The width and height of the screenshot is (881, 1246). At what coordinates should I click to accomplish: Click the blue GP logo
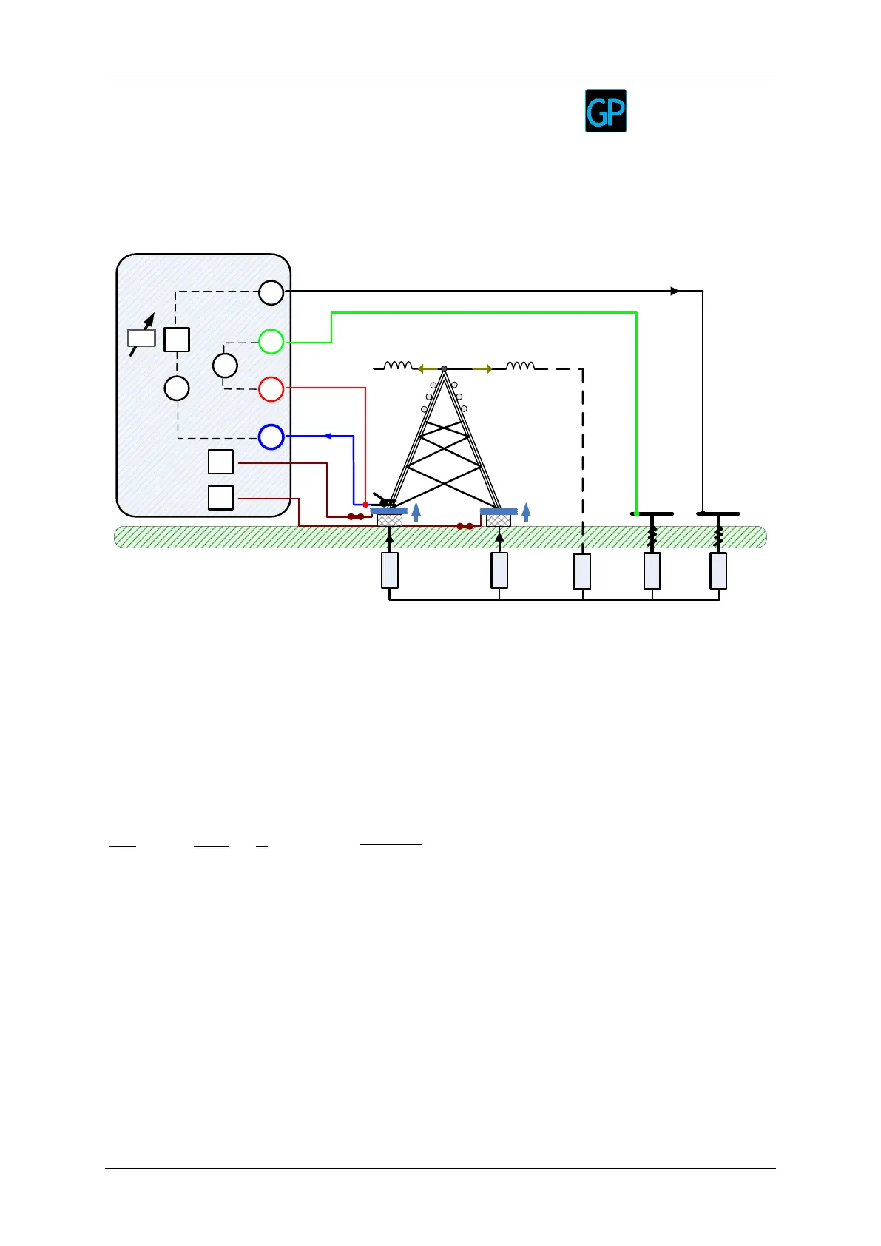[606, 111]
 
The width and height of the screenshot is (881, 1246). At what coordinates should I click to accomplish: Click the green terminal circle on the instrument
[271, 341]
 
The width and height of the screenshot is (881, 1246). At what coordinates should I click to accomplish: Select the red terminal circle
[271, 388]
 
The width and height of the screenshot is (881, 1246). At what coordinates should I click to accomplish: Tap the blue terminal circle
[271, 437]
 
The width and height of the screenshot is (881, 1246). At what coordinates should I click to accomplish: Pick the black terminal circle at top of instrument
[271, 293]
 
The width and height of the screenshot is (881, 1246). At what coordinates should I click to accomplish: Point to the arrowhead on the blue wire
[328, 437]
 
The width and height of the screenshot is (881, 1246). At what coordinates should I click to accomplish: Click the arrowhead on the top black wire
[674, 292]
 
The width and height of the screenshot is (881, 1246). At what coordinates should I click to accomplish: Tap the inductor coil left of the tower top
[397, 366]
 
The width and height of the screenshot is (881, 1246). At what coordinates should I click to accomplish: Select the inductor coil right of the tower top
[520, 366]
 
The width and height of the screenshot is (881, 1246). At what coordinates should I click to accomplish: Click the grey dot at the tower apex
[444, 368]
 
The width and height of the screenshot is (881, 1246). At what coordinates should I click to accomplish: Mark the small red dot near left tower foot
[365, 505]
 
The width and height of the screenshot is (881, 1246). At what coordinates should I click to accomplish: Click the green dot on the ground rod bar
[636, 513]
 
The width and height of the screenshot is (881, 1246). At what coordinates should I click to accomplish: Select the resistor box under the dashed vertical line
[583, 571]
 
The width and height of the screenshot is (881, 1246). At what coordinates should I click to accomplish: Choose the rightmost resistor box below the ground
[718, 571]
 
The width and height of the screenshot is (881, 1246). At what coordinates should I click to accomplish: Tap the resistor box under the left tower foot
[390, 570]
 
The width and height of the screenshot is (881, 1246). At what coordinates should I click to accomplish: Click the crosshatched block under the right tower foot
[499, 520]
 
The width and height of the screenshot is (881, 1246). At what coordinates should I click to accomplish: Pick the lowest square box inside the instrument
[220, 497]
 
